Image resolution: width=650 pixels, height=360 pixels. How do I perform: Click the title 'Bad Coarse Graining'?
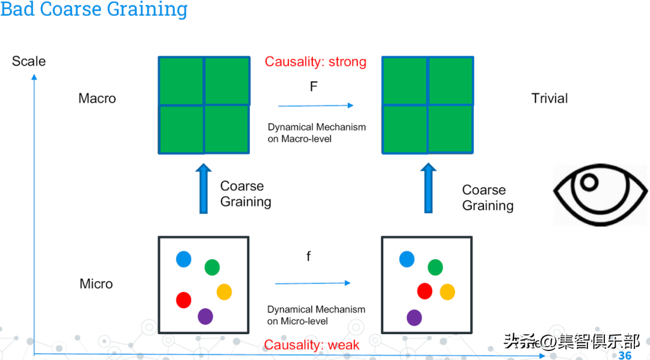coord(94,10)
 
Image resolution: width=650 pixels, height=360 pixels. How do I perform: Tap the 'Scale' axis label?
coord(29,61)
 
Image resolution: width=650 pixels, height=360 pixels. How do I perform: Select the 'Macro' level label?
coord(97,98)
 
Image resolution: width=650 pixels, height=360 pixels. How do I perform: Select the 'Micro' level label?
coord(96,284)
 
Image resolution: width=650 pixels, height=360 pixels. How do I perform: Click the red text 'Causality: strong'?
coord(315,62)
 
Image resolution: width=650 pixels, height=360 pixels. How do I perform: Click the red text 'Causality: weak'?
coord(312,345)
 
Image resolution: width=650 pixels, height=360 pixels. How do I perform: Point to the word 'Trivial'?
coord(549,98)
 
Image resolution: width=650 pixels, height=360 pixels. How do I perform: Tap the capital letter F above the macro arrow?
coord(314,87)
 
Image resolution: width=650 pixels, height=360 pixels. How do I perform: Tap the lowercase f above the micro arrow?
coord(309,257)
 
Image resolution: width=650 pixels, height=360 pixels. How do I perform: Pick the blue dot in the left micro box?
coord(184,259)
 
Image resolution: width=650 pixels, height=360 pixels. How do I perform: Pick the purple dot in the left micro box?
coord(205,316)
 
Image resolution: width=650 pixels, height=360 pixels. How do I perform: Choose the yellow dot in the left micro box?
coord(224,292)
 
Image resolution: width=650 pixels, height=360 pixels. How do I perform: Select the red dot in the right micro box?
coord(425,291)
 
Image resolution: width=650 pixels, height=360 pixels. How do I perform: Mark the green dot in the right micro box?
coord(435,267)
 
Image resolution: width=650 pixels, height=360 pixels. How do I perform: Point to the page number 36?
coord(625,355)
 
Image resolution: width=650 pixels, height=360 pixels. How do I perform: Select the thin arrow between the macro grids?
coord(316,106)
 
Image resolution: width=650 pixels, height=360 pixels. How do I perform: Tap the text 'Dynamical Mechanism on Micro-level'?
coord(316,315)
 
